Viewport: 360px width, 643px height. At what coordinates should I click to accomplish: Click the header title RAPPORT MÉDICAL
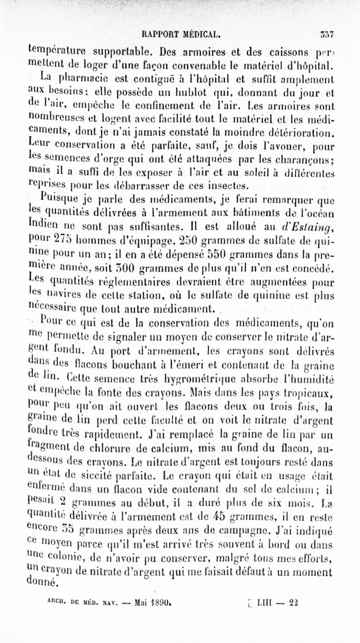[x=180, y=33]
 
